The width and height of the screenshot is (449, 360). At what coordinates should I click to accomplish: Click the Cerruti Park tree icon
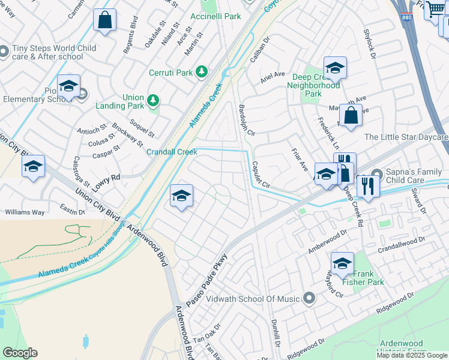coord(202,73)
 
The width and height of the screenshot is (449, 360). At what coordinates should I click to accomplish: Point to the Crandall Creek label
coord(172,152)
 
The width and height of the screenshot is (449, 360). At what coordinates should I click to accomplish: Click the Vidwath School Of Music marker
coord(309,298)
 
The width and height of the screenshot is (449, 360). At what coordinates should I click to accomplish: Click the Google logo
coord(20,352)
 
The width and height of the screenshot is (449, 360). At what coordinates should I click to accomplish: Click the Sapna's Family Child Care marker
coord(376,175)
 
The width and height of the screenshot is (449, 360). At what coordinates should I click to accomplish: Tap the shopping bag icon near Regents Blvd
coord(105,20)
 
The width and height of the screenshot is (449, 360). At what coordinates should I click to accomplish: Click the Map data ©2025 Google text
coord(412,355)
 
